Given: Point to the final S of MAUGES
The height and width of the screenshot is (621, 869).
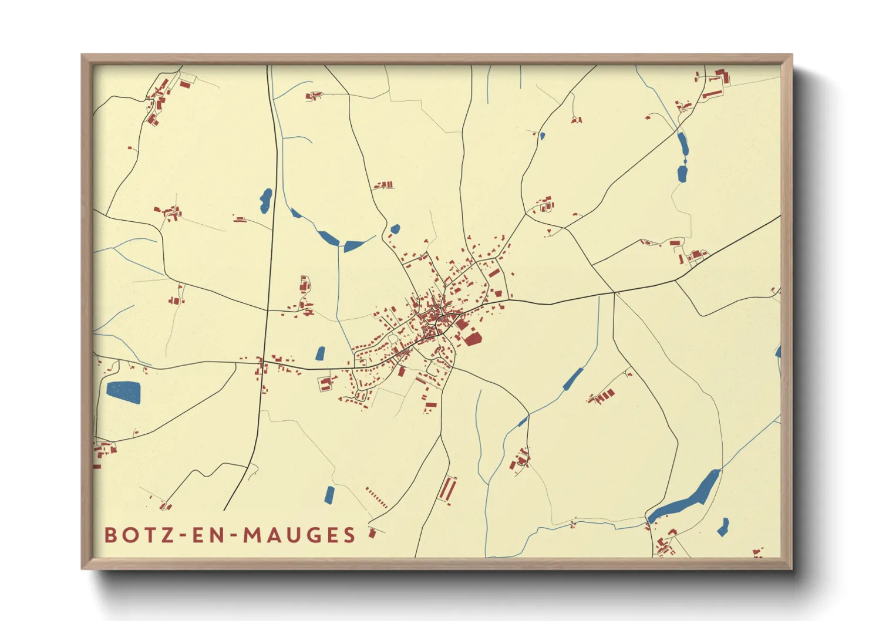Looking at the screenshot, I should (x=350, y=535).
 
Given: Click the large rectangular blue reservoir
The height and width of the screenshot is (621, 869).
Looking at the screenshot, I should (x=123, y=392).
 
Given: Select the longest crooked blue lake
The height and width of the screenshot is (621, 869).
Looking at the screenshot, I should (x=687, y=498).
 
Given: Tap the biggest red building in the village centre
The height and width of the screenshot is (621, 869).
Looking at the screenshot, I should (x=472, y=339).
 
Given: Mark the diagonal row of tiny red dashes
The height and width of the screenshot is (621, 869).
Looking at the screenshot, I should (x=376, y=497).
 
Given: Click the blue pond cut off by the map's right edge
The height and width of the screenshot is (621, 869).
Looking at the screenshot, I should (x=778, y=352).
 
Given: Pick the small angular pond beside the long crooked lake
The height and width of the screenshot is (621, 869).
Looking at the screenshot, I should (x=723, y=526).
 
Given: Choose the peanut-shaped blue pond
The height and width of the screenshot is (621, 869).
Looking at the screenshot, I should (x=265, y=200).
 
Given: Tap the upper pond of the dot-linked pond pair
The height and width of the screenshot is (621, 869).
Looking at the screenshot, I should (x=682, y=144).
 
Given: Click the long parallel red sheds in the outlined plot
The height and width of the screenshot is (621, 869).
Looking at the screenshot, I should (x=447, y=490).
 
